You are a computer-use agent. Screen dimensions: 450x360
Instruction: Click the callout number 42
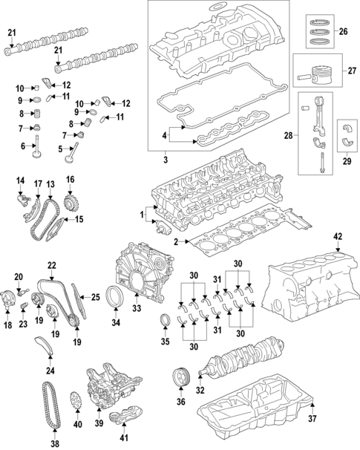tap(338, 257)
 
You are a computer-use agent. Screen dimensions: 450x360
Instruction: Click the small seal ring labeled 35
tap(166, 321)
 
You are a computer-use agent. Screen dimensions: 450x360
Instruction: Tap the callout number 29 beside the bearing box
tap(347, 160)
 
